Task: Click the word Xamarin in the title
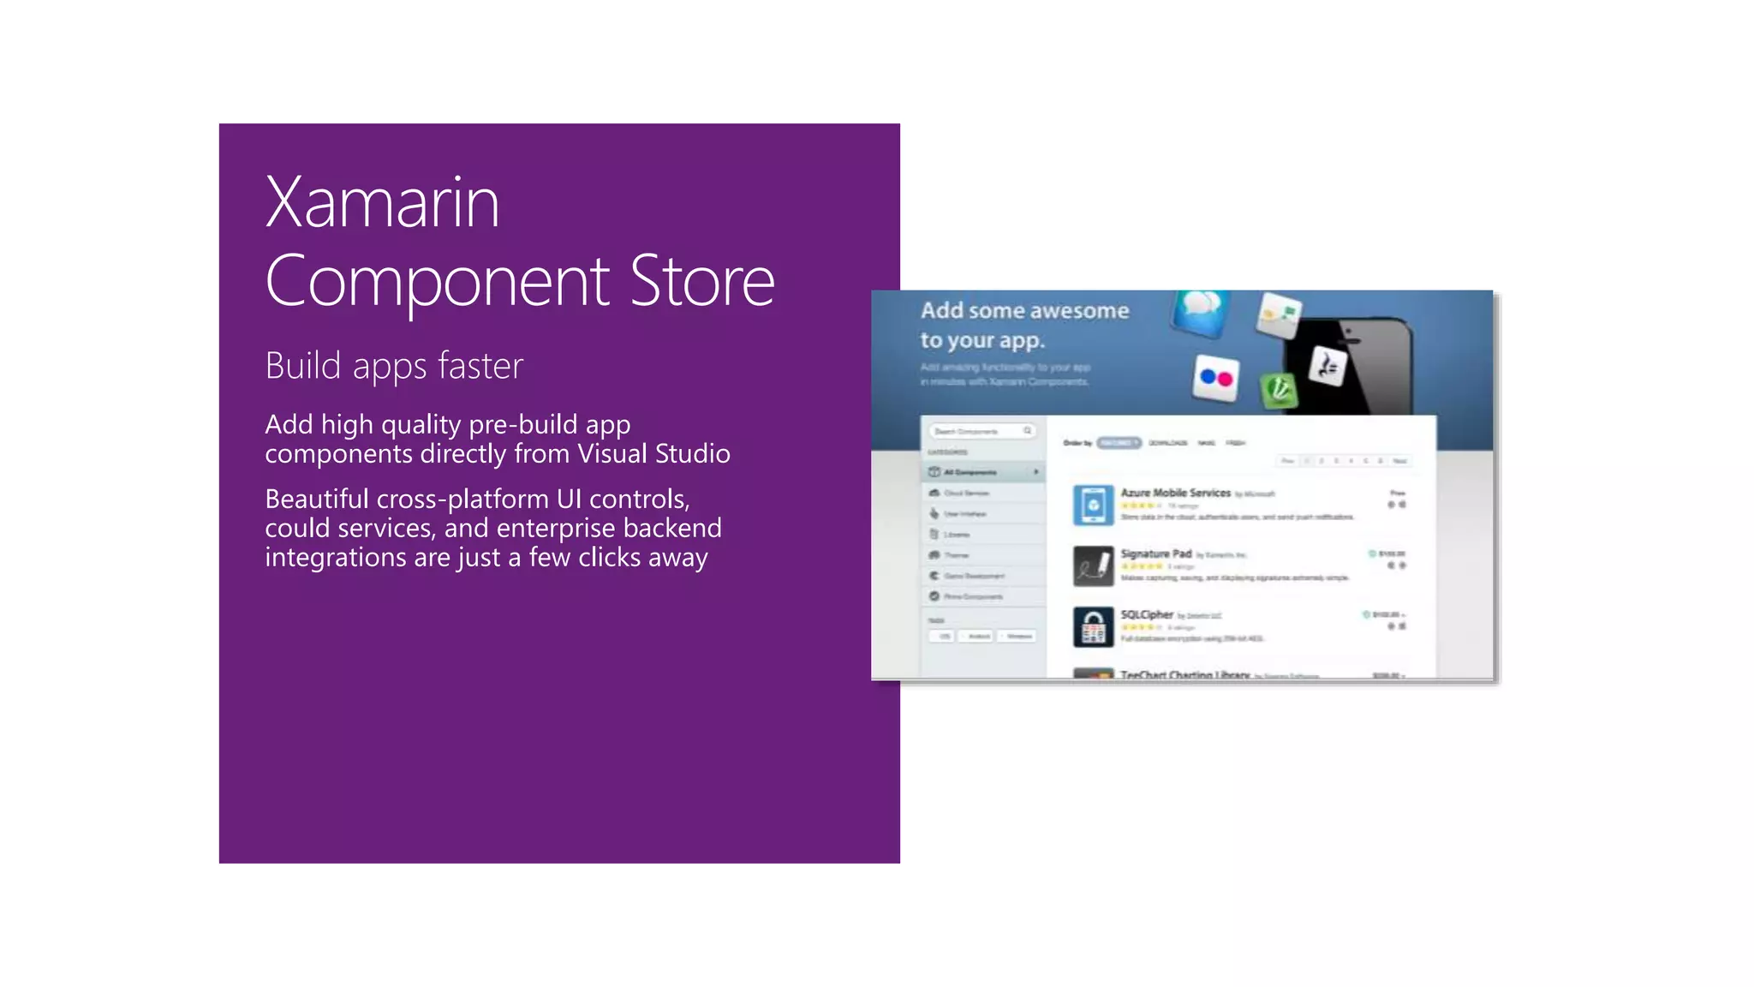[382, 203]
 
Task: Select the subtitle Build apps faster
[394, 366]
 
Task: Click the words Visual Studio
[653, 453]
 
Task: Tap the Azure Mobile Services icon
[1093, 505]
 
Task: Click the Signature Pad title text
[1156, 553]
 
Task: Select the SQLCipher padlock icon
[1093, 627]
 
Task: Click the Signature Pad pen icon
[1093, 566]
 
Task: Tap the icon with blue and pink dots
[1216, 377]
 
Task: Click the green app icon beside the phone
[1280, 390]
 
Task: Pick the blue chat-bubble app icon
[1202, 310]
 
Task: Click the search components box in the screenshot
[981, 431]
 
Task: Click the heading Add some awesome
[1024, 310]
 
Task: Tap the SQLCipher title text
[1147, 614]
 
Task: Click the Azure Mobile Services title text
[1175, 493]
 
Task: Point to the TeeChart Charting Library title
[1185, 674]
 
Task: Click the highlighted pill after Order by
[1119, 443]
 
